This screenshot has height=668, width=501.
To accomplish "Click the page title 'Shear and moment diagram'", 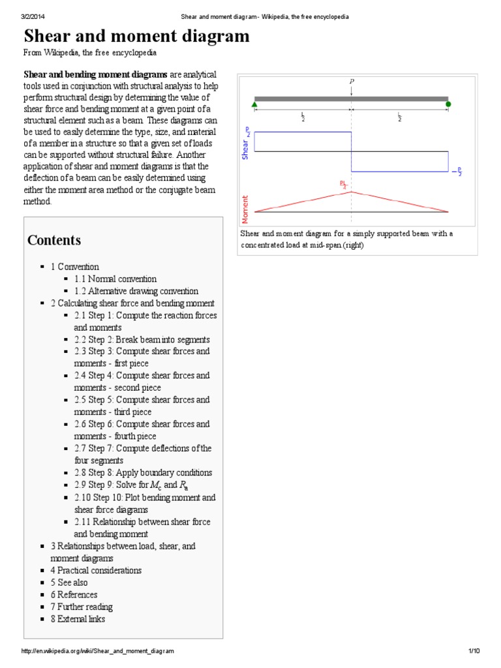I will click(x=136, y=37).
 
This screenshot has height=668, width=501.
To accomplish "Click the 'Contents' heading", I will click(x=54, y=240).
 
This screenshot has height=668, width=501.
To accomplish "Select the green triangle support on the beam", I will click(x=254, y=103).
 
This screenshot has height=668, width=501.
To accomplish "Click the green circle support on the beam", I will click(x=448, y=102).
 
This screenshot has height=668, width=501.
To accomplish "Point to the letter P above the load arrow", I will click(x=352, y=82).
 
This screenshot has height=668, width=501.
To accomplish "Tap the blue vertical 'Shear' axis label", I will click(x=246, y=149).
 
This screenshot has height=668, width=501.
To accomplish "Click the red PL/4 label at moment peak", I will click(x=344, y=185).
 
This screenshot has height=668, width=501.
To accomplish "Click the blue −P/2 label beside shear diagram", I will click(x=457, y=172).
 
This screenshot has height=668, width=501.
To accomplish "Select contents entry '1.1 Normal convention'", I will click(x=115, y=279).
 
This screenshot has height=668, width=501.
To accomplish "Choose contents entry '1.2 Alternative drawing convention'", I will click(x=136, y=291).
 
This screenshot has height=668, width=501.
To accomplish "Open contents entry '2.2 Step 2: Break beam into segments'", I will click(x=142, y=340).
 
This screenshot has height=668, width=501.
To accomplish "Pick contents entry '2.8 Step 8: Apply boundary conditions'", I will click(x=142, y=473).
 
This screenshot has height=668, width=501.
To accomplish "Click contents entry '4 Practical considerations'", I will click(x=95, y=570).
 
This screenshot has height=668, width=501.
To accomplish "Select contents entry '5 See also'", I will click(x=68, y=583).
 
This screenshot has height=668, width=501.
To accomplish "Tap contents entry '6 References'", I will click(x=74, y=595).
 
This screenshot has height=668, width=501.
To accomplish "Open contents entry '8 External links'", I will click(x=77, y=619).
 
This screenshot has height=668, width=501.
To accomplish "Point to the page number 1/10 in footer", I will click(x=474, y=651).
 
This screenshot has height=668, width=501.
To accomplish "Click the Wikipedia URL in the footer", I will click(x=98, y=651).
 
